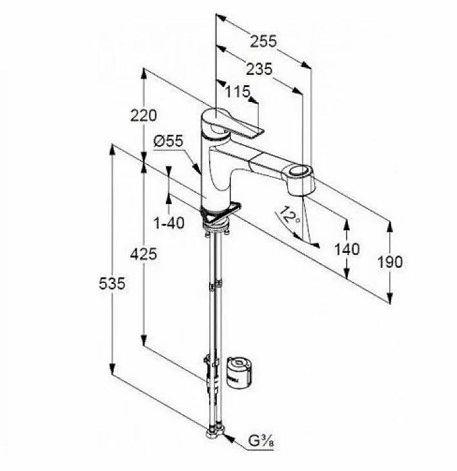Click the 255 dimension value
(263, 41)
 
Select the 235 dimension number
(259, 69)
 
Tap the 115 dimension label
(238, 92)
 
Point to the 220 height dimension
(143, 115)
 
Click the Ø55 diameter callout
(168, 141)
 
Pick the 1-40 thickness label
(169, 223)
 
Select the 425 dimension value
(143, 254)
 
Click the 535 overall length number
(112, 283)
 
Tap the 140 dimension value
(347, 249)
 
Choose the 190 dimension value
(390, 262)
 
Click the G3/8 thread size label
(261, 441)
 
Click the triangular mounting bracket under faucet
(222, 214)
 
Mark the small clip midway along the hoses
(216, 285)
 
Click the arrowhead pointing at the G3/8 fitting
(228, 439)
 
